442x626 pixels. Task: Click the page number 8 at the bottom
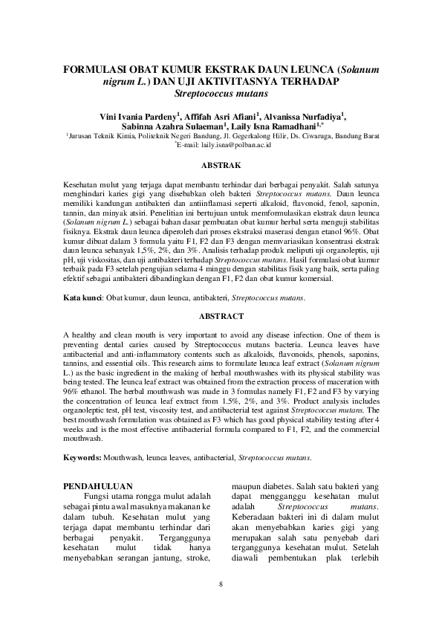(221, 584)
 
